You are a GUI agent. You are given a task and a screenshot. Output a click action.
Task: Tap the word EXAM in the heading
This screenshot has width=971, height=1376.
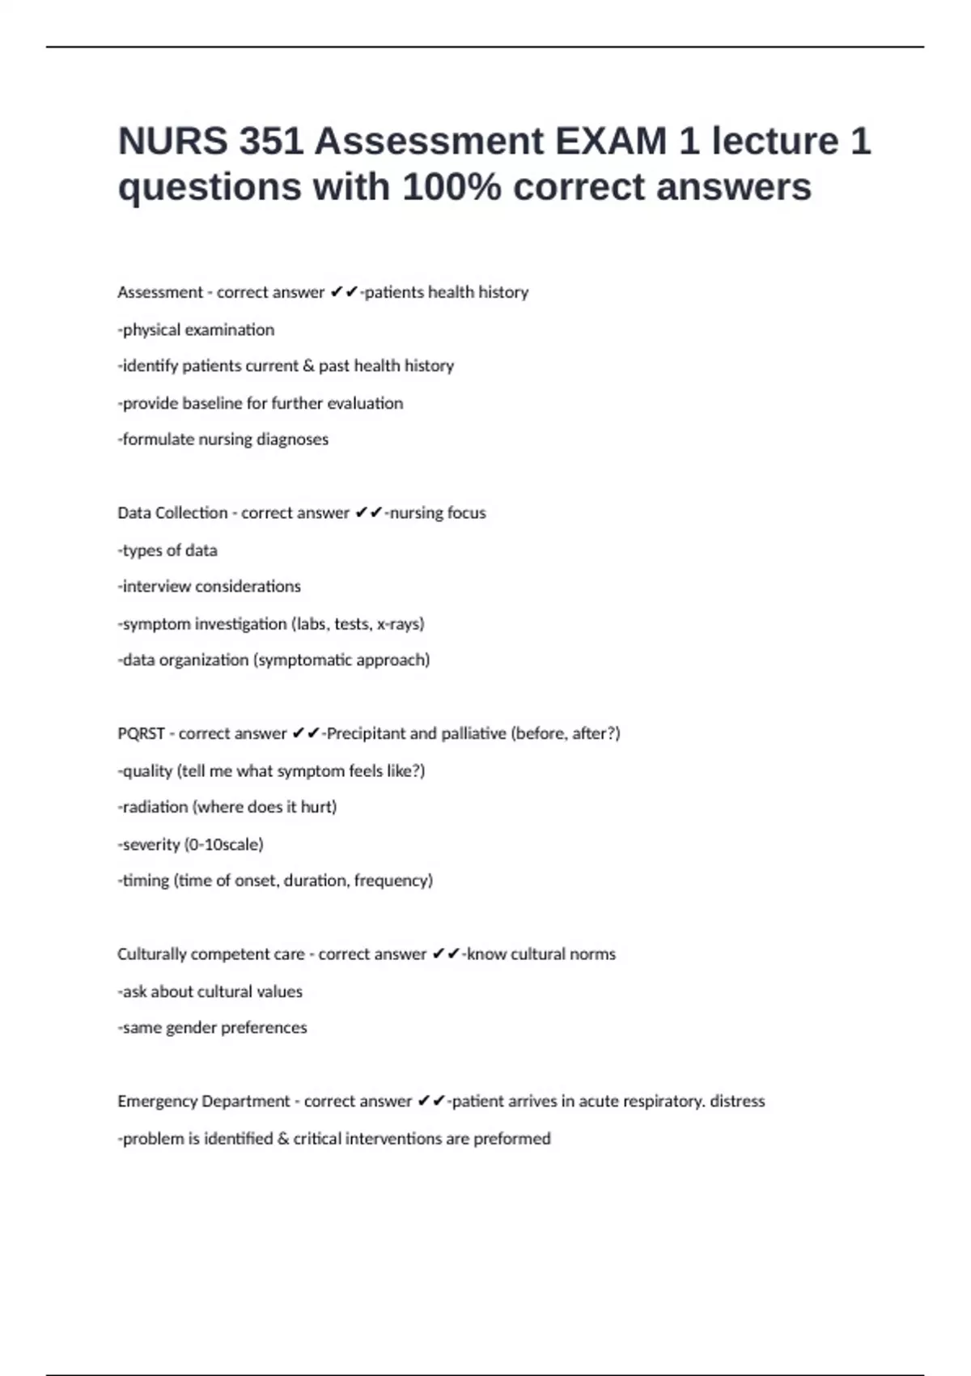pyautogui.click(x=611, y=142)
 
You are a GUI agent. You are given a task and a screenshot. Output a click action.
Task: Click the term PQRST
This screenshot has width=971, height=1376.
pyautogui.click(x=141, y=733)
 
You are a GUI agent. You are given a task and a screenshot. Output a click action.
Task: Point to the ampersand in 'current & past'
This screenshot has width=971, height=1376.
pyautogui.click(x=308, y=366)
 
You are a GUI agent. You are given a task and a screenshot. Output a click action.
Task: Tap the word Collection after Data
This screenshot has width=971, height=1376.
pyautogui.click(x=191, y=513)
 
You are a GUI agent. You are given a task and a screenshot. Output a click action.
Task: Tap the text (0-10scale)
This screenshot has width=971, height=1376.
pyautogui.click(x=224, y=844)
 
